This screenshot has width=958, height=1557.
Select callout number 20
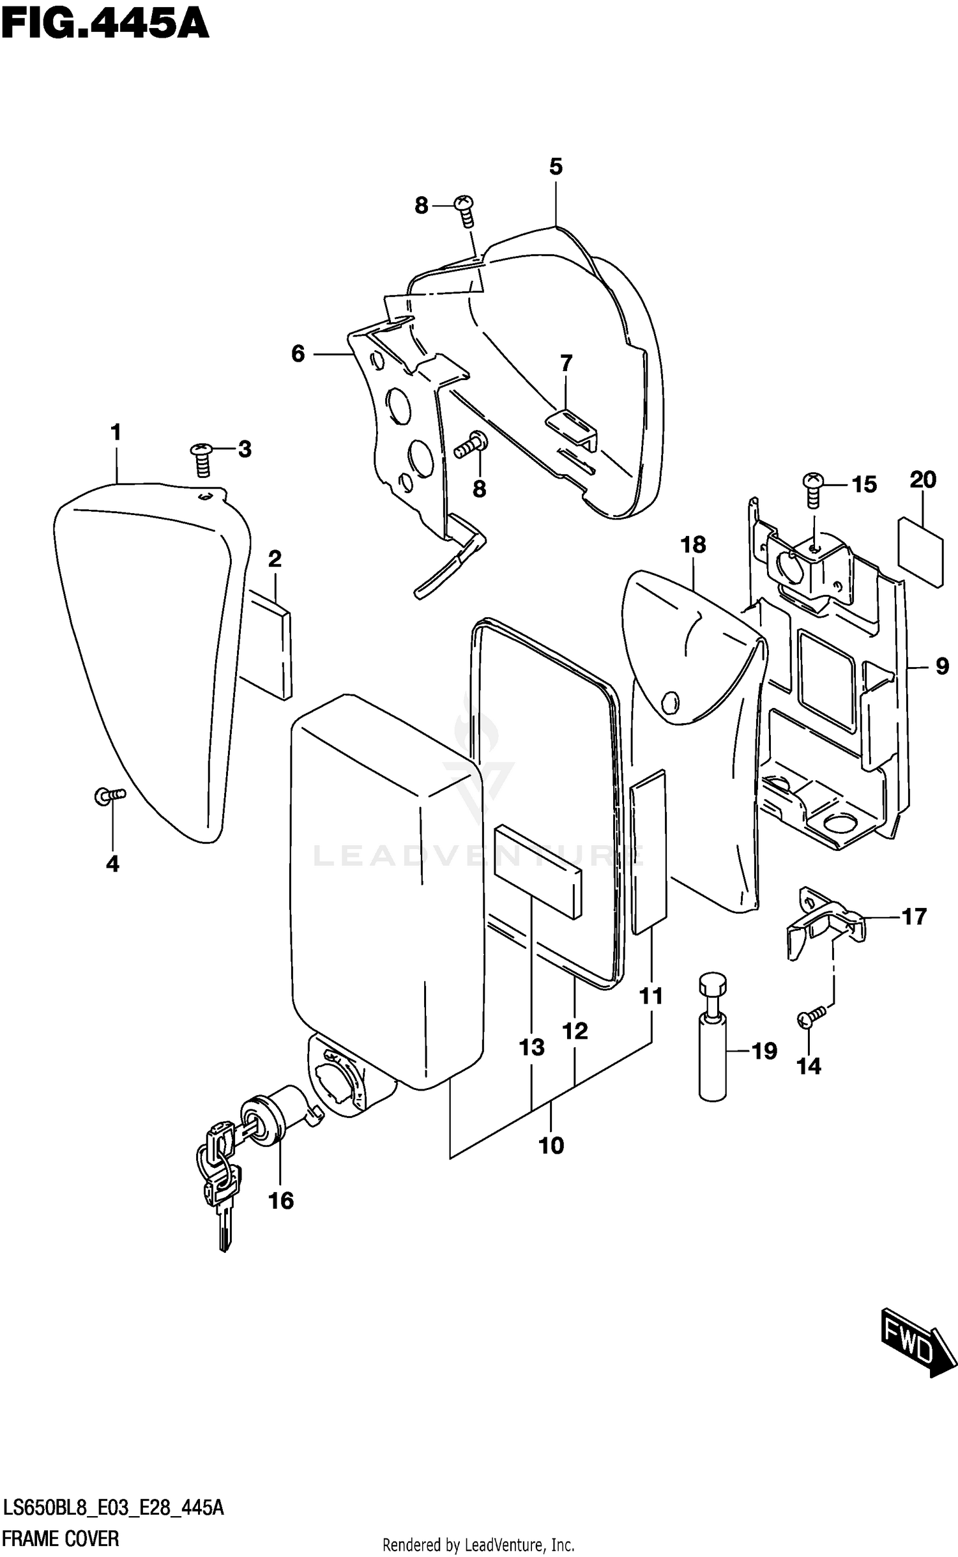click(x=923, y=479)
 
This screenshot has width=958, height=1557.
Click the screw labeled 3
click(x=202, y=459)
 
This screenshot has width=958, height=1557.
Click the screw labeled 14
click(x=810, y=1016)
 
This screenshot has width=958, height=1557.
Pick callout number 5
click(x=556, y=167)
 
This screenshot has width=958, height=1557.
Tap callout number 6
click(x=298, y=353)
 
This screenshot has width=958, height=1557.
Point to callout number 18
click(x=693, y=544)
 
